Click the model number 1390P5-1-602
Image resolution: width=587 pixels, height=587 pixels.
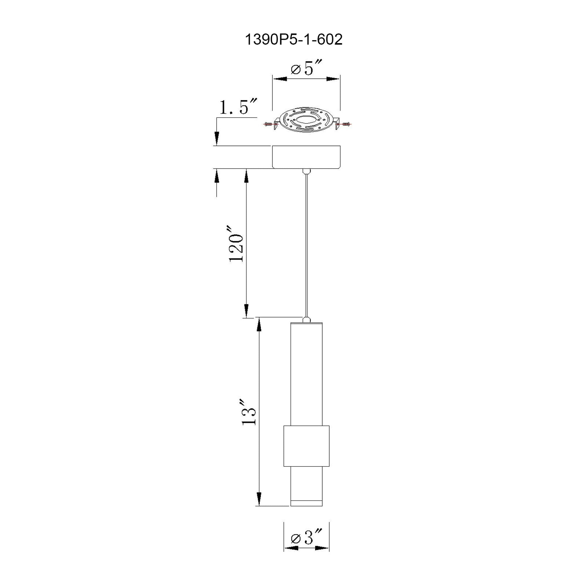point(293,40)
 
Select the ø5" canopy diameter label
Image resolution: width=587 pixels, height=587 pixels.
point(306,69)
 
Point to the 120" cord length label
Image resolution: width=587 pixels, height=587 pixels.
point(236,244)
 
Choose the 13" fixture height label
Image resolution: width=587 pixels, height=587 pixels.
point(249,413)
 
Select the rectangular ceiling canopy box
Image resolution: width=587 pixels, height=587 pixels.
point(306,157)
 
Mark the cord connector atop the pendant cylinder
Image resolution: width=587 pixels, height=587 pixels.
point(306,319)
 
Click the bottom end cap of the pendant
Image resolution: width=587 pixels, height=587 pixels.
point(306,503)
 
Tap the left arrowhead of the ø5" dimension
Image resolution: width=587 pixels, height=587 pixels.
point(280,79)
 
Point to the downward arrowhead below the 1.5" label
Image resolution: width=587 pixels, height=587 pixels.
point(217,138)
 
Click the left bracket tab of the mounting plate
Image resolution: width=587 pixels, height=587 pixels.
point(276,124)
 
